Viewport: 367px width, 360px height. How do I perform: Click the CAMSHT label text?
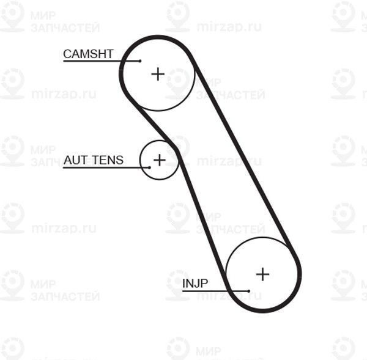[88, 54]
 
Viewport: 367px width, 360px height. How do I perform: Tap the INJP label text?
[195, 284]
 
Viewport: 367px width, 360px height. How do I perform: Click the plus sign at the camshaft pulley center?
[158, 74]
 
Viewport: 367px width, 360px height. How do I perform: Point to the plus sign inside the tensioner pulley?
[160, 160]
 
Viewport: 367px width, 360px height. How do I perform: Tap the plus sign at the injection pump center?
[262, 274]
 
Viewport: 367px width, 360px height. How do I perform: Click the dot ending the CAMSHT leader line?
[140, 61]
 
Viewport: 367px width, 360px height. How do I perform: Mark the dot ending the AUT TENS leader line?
[150, 167]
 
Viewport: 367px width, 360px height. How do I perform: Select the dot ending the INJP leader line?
[248, 291]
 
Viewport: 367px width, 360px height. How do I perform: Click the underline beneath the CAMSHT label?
[102, 61]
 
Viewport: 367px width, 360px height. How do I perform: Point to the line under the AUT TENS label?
[106, 167]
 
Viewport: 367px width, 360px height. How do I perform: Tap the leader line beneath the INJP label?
[215, 291]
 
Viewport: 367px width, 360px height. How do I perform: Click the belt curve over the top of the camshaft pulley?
[157, 37]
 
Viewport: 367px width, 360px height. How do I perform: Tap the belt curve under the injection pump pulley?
[263, 310]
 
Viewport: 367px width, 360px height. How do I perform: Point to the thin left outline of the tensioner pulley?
[141, 160]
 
